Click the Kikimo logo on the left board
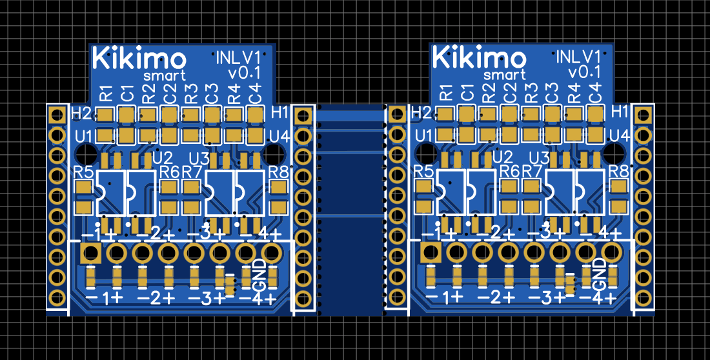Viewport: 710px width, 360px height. [139, 58]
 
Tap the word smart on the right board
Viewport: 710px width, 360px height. [505, 75]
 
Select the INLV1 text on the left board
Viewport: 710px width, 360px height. [238, 57]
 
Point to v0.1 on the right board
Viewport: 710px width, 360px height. [584, 72]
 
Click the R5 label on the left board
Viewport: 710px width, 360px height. [83, 172]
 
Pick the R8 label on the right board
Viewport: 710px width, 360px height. [619, 172]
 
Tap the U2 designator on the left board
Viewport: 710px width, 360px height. [163, 157]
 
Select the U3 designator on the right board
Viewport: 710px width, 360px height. [540, 159]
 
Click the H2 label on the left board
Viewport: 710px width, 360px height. [81, 113]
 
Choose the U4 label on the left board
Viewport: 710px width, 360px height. [279, 135]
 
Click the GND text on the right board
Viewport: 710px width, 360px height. [600, 274]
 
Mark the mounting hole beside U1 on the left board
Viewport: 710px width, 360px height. [86, 154]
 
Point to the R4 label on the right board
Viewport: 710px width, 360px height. [574, 93]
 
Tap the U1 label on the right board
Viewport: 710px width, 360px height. [423, 135]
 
